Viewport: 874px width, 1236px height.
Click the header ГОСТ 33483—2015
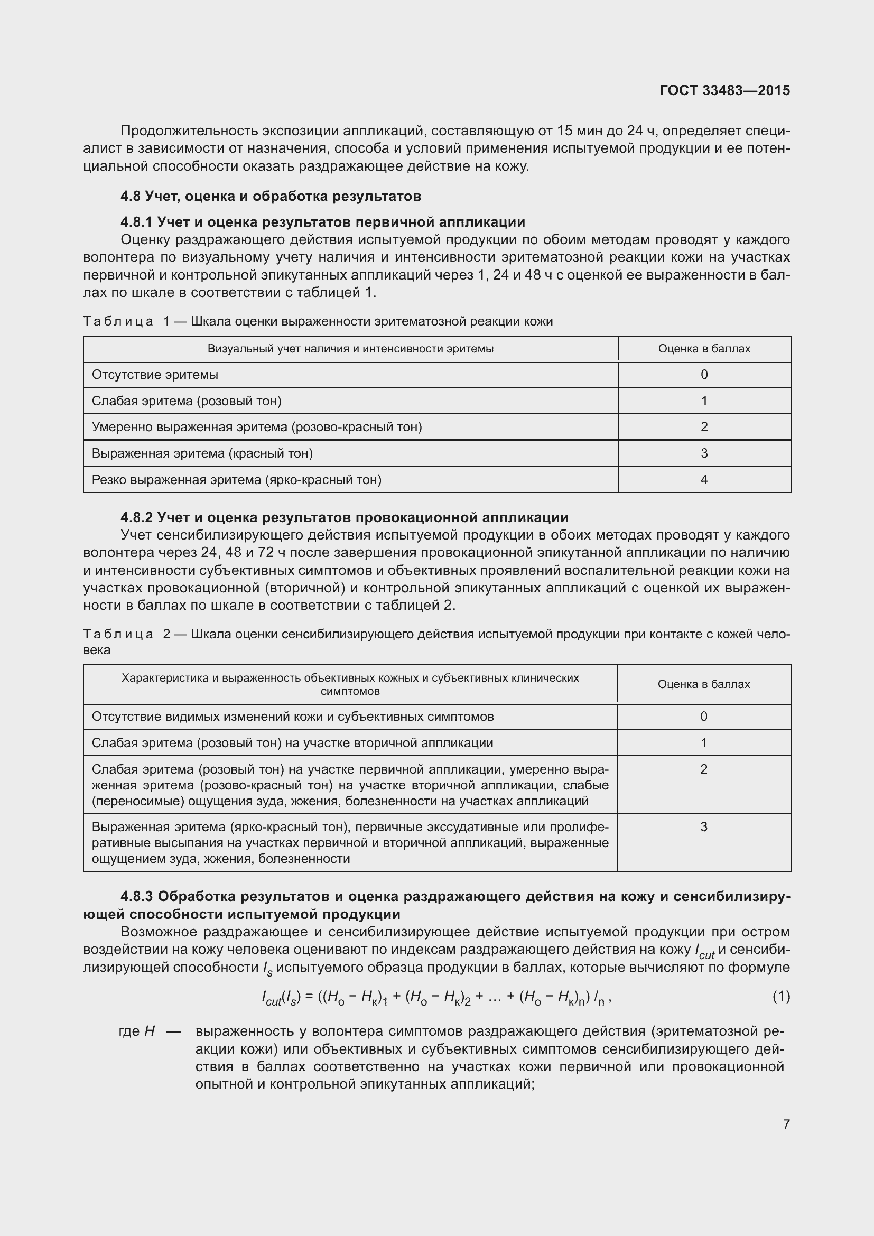coord(724,90)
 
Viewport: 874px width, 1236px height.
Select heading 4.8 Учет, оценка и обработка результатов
coord(271,196)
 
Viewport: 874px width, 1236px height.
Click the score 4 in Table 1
coord(704,479)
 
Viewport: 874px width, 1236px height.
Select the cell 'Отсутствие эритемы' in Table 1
coord(155,374)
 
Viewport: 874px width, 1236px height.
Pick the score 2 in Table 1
coord(704,427)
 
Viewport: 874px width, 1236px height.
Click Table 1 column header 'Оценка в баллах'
coord(704,348)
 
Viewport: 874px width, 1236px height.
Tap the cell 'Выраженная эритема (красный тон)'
coord(202,453)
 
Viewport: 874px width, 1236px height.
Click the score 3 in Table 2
coord(704,827)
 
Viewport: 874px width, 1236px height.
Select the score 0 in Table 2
coord(704,717)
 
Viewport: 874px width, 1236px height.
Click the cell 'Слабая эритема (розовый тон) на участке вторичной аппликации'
coord(292,743)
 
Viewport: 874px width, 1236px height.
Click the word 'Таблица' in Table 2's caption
coord(118,634)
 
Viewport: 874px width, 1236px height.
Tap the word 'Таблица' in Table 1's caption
coord(118,321)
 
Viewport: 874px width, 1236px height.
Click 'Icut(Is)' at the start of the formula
coord(281,998)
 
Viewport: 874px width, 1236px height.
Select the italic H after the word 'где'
coord(150,1031)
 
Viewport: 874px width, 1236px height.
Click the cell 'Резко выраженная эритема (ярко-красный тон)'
coord(237,479)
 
